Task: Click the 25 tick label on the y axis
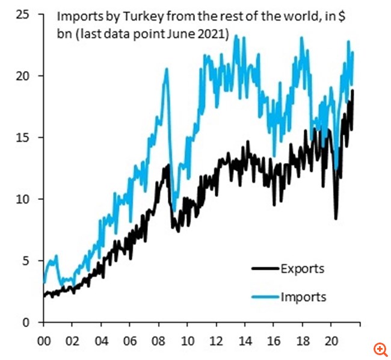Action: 23,14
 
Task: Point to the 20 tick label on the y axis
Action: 23,76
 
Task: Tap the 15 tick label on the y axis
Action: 23,137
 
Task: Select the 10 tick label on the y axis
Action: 23,199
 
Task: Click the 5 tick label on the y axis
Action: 26,261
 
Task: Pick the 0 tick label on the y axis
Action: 26,322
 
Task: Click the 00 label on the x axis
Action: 43,340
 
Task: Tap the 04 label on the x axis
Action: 101,340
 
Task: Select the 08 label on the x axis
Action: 158,340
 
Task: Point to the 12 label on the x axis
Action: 216,340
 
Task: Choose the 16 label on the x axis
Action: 273,340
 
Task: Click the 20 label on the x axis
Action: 330,340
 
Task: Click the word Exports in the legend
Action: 302,268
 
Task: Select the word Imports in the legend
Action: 303,297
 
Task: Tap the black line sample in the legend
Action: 263,269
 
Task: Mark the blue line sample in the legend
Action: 263,297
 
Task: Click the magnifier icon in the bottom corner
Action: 380,349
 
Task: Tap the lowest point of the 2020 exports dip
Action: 336,219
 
